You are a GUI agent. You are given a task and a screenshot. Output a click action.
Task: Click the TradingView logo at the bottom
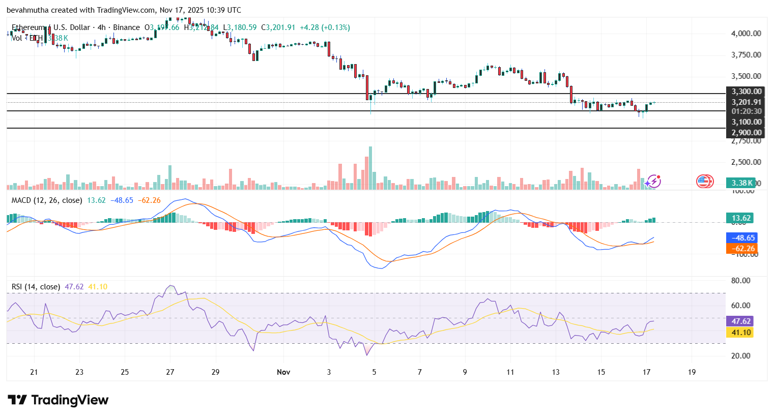58,400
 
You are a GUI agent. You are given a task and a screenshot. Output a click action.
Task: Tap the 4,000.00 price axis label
746,34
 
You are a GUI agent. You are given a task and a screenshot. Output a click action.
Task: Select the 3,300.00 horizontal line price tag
746,92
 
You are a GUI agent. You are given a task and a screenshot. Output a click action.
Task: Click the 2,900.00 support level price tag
746,133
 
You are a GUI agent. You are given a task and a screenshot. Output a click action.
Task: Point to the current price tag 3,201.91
746,102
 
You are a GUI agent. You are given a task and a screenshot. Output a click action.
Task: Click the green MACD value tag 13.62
741,218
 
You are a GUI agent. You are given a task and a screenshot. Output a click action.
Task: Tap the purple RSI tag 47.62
741,321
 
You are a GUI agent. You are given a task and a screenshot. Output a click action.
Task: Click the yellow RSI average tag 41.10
741,333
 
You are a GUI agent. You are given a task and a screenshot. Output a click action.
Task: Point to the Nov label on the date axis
283,372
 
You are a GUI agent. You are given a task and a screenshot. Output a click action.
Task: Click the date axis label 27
170,372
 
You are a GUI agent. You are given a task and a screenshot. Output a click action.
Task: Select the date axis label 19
692,372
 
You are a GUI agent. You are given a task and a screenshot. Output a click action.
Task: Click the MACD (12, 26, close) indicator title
47,200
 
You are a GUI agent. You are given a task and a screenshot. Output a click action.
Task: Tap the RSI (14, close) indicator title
36,287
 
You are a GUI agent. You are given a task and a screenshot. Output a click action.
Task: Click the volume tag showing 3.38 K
741,183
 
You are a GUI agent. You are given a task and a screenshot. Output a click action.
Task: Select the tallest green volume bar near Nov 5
370,168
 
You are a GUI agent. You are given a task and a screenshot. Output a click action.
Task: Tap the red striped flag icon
704,182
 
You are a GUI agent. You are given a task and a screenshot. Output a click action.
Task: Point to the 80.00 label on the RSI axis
741,281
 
